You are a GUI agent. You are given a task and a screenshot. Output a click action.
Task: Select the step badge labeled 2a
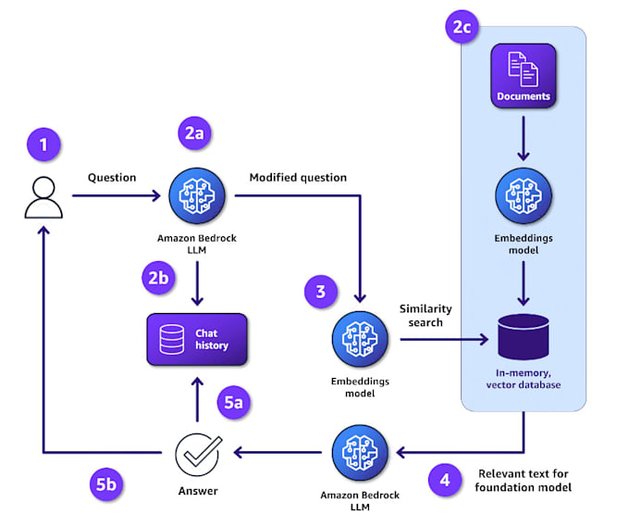tap(194, 132)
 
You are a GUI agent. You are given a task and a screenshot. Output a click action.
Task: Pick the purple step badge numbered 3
tap(321, 293)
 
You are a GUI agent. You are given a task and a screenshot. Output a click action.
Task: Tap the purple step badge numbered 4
tap(444, 481)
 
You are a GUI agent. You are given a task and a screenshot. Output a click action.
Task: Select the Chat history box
tap(197, 339)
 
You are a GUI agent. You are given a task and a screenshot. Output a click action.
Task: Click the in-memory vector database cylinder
tap(524, 337)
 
